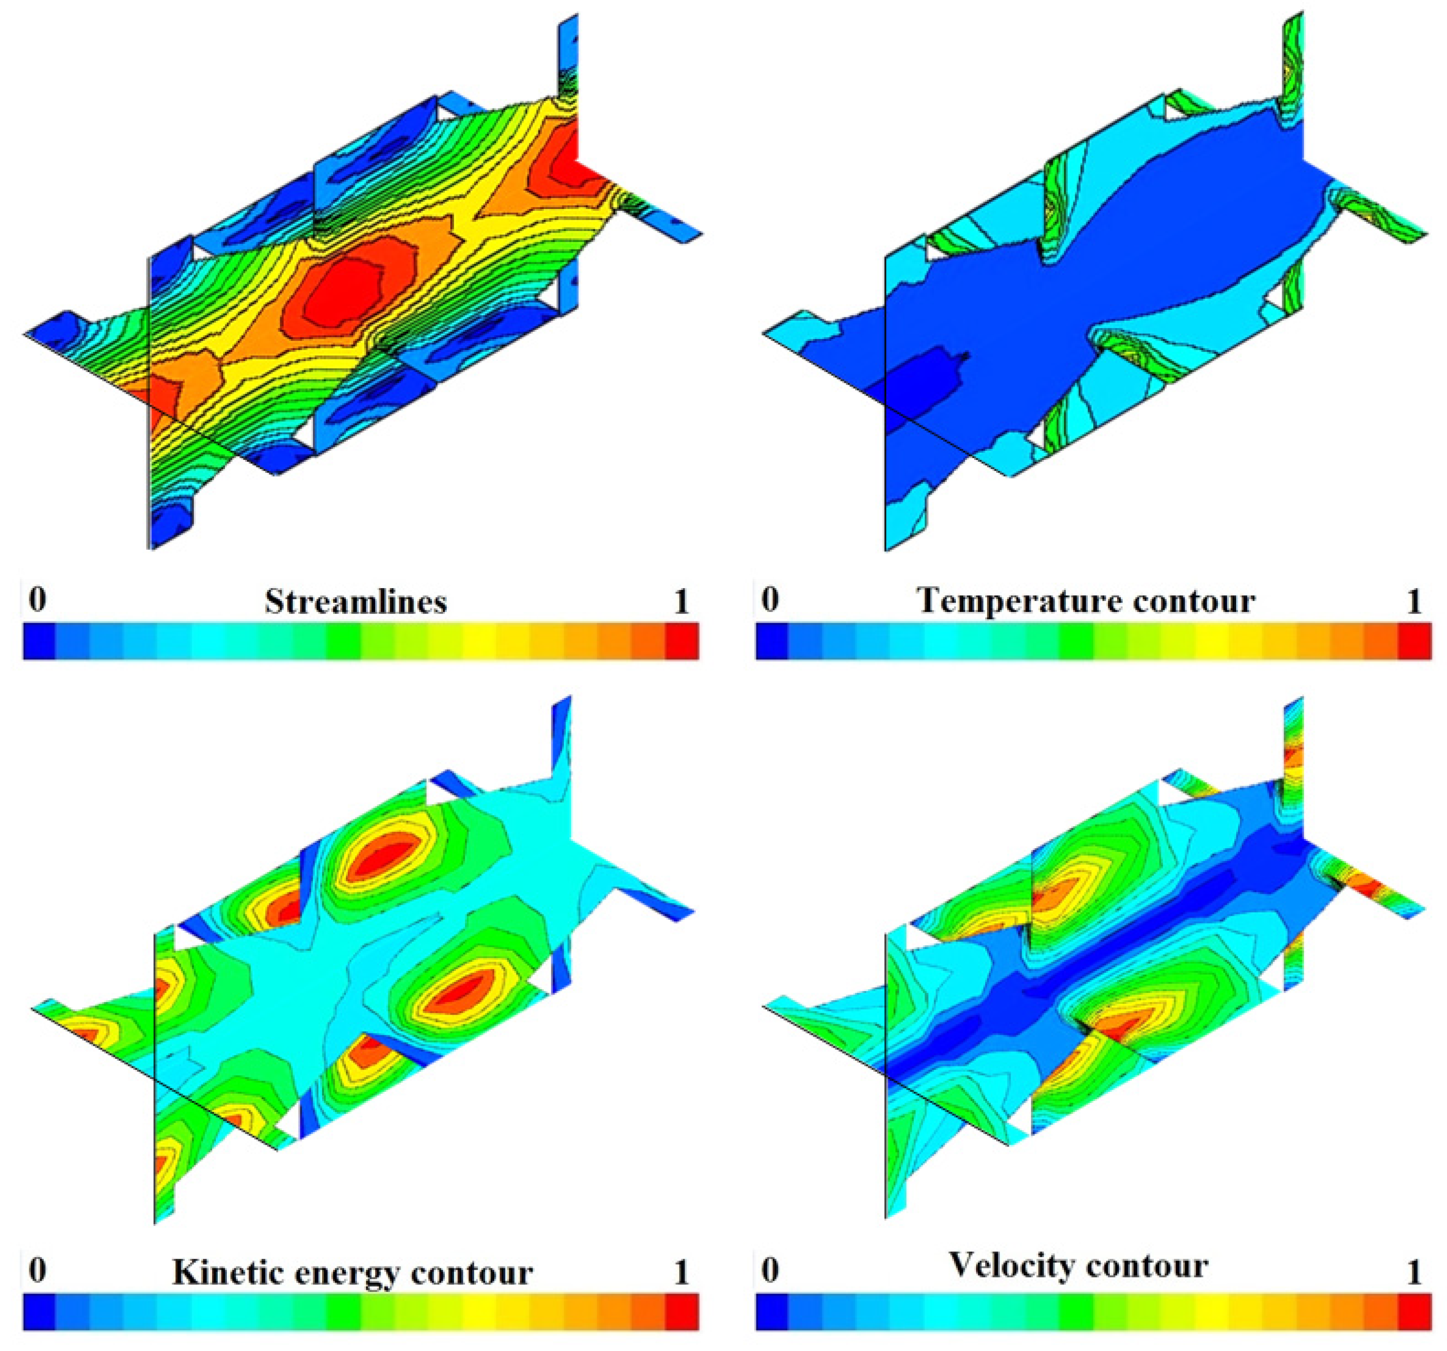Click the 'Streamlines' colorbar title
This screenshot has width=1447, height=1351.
(355, 602)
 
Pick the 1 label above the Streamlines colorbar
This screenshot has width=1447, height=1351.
(680, 601)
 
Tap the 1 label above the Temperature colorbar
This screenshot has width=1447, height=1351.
(1414, 601)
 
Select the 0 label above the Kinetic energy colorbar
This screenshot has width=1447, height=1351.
(37, 1270)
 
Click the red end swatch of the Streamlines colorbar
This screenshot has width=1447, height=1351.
(682, 642)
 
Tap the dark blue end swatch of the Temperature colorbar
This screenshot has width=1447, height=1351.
(772, 642)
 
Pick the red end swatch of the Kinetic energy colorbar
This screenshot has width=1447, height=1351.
(682, 1312)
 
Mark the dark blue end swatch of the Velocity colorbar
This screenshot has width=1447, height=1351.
(772, 1312)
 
